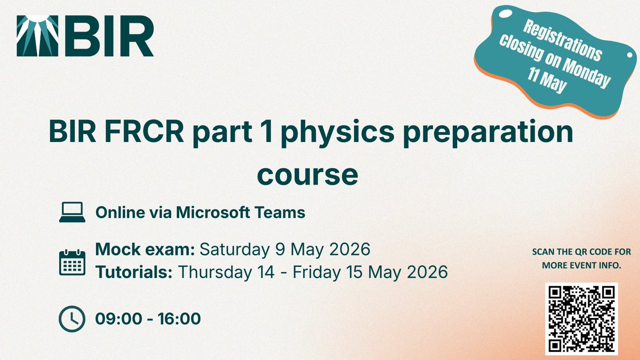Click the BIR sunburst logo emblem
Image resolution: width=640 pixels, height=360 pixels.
[x=37, y=36]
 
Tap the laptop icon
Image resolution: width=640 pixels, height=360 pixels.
[x=72, y=213]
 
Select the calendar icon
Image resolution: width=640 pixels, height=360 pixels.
[x=72, y=261]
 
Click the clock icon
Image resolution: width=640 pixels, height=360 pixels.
[x=71, y=319]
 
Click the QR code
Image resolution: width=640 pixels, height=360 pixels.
[x=580, y=318]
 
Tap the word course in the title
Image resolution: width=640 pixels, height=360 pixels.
[x=308, y=174]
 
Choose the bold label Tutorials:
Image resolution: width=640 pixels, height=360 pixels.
[x=134, y=272]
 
